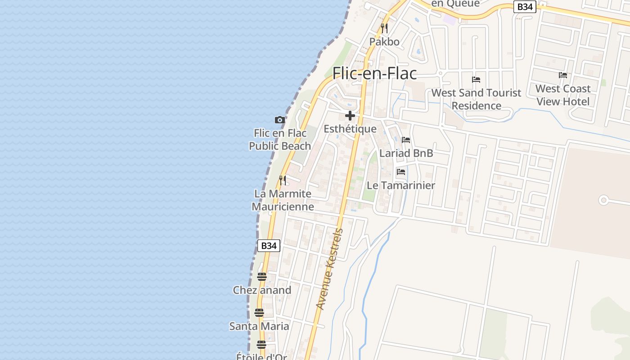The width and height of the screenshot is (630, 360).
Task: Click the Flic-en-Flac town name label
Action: coord(374,73)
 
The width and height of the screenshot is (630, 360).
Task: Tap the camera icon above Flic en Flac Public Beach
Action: coord(280,120)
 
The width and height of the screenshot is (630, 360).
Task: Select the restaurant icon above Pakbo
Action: coord(384,28)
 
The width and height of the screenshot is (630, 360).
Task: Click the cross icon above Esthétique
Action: coord(350,116)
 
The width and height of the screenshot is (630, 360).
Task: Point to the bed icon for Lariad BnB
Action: coord(406,140)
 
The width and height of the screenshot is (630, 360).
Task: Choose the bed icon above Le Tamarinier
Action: coord(401,172)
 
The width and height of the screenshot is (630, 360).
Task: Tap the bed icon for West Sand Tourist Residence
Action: coord(476,80)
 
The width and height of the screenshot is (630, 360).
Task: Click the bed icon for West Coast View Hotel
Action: coord(563,75)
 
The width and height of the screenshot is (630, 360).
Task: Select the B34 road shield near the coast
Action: coord(269,246)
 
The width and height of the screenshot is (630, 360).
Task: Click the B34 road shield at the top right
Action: coord(525,7)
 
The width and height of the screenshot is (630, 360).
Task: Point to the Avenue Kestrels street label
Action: coord(330,269)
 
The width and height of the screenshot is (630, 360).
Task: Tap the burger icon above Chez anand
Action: coord(262,277)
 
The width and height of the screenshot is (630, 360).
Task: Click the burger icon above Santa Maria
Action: coord(259,313)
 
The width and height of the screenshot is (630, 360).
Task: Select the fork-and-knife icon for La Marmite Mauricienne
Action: coord(283,180)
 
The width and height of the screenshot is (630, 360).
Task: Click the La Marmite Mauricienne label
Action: coord(283,200)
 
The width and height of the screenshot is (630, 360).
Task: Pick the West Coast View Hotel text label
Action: coord(562,95)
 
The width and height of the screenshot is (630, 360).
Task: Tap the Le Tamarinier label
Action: coord(401,185)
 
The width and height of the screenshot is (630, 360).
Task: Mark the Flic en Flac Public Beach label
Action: coord(280,139)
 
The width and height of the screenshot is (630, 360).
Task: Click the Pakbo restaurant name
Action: coord(384,42)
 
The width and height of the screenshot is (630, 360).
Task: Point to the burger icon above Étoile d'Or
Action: coord(261,345)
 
